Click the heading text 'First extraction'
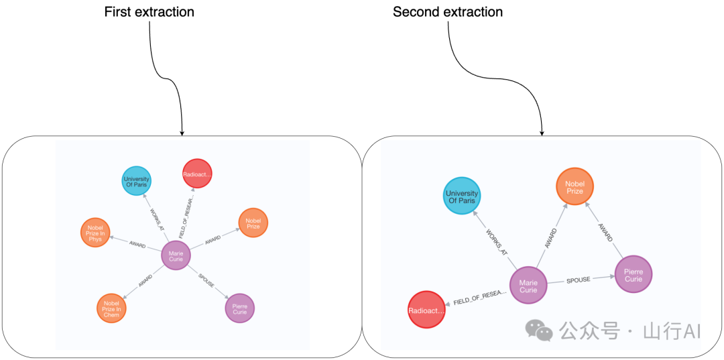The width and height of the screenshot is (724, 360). pyautogui.click(x=149, y=12)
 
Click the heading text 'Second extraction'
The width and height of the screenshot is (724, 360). pyautogui.click(x=448, y=12)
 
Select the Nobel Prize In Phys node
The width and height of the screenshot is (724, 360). pyautogui.click(x=95, y=233)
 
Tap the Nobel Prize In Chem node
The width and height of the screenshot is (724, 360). pyautogui.click(x=111, y=308)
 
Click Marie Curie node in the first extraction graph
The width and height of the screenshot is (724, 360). pyautogui.click(x=176, y=255)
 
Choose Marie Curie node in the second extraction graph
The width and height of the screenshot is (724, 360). pyautogui.click(x=528, y=286)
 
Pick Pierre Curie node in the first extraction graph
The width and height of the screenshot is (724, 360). pyautogui.click(x=239, y=308)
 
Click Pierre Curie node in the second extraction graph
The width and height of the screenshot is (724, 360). pyautogui.click(x=633, y=274)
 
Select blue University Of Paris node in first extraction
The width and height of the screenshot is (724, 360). pyautogui.click(x=136, y=180)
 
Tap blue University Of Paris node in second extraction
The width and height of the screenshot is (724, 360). pyautogui.click(x=461, y=196)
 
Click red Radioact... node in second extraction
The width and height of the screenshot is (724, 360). pyautogui.click(x=426, y=310)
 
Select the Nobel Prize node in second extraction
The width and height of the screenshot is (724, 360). pyautogui.click(x=574, y=186)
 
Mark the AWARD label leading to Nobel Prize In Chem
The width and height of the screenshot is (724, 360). pyautogui.click(x=145, y=281)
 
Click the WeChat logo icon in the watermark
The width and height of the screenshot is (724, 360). pyautogui.click(x=539, y=330)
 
